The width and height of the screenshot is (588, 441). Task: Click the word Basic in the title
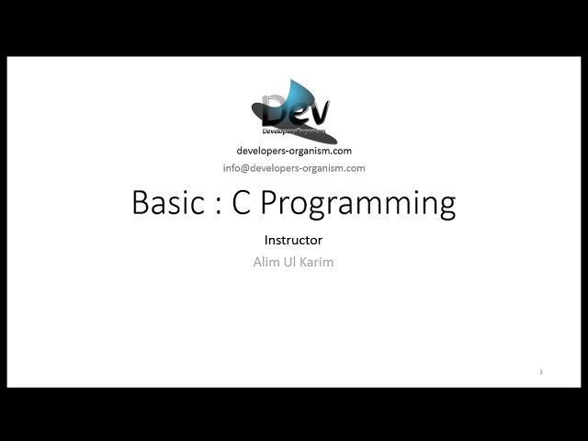tap(167, 202)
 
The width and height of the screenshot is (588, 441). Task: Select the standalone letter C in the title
tap(242, 202)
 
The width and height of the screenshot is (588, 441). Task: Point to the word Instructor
tap(293, 240)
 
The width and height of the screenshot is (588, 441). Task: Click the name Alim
tap(266, 262)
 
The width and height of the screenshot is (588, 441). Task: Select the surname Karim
tap(318, 262)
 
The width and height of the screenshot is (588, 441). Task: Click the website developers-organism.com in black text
tap(294, 151)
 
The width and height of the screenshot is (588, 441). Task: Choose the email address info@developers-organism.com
tap(294, 168)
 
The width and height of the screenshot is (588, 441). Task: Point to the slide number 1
tap(541, 372)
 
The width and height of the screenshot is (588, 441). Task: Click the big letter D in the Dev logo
tap(275, 111)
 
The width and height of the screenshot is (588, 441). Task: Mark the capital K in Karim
tap(305, 262)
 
